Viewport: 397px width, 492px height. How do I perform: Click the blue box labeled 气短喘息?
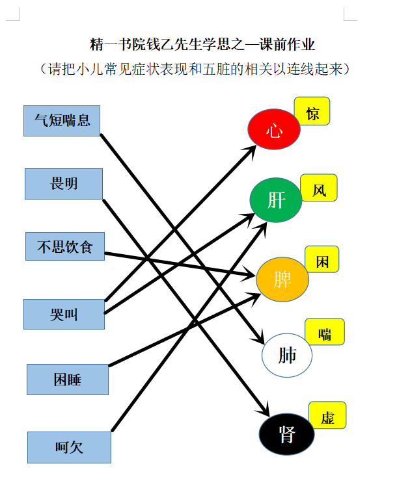click(x=62, y=120)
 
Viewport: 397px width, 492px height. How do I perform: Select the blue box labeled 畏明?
click(x=64, y=183)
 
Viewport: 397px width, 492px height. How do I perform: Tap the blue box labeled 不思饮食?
click(x=65, y=246)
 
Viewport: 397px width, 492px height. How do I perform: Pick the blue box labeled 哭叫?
click(x=64, y=315)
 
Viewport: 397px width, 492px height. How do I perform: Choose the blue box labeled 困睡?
click(x=67, y=379)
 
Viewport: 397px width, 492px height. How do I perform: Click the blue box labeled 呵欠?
click(x=69, y=447)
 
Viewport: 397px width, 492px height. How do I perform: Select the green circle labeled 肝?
click(x=276, y=200)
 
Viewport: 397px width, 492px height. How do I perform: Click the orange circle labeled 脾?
click(x=282, y=279)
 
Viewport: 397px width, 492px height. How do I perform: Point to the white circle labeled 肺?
click(x=287, y=355)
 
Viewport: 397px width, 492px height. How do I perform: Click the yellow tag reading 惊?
click(x=312, y=112)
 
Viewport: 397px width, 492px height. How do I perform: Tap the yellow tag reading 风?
click(x=319, y=188)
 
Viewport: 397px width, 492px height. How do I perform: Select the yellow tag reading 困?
click(x=322, y=260)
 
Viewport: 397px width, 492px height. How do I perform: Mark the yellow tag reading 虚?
click(x=327, y=415)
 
